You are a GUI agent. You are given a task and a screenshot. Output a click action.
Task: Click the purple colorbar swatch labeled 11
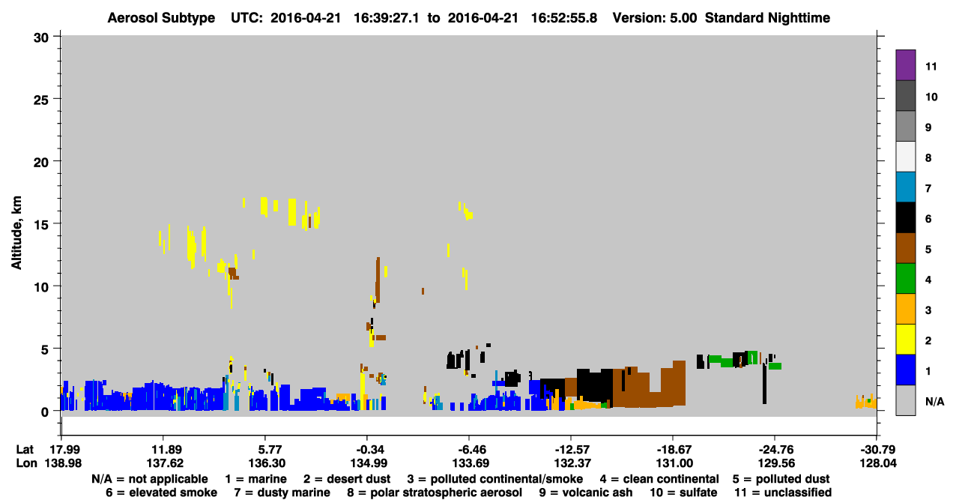pos(905,64)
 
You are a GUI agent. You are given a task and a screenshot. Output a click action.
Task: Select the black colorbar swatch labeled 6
pos(905,217)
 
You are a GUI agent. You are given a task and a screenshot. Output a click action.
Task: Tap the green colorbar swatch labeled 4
pos(905,279)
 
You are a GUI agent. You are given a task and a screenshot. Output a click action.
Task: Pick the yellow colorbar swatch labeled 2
pos(905,340)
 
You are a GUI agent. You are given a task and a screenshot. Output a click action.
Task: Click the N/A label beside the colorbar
pos(934,401)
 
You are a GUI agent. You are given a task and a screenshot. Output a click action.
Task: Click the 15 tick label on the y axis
pos(41,225)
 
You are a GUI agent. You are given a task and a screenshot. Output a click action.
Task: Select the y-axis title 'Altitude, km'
pos(16,233)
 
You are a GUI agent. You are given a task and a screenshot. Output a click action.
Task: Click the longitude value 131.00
pos(674,463)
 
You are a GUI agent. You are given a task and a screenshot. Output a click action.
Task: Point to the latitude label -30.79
pos(878,450)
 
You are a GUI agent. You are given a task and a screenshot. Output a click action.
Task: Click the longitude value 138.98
pos(63,463)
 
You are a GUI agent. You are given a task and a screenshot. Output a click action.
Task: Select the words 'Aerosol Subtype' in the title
pos(161,18)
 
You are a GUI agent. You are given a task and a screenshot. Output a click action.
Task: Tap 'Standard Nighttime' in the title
pos(767,18)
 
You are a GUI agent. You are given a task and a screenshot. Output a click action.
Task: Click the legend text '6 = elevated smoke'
pos(161,493)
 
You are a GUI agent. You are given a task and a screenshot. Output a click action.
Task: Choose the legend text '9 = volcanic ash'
pos(586,493)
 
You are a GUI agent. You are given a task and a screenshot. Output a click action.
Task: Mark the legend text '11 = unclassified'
pos(783,493)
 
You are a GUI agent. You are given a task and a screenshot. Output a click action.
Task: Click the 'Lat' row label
pos(25,450)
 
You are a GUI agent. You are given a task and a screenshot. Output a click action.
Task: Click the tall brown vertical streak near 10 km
pos(378,280)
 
